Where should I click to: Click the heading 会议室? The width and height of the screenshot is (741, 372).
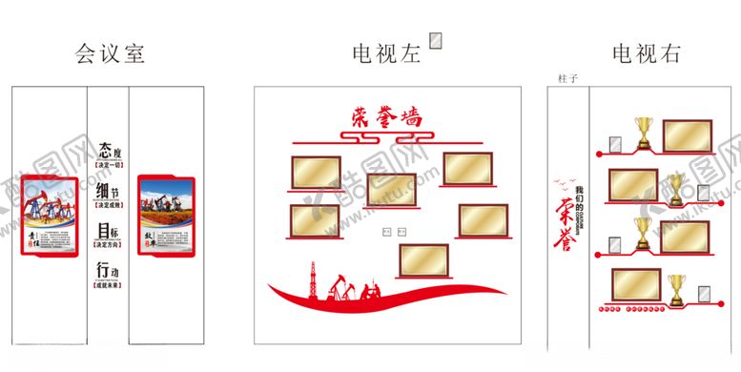pyautogui.click(x=110, y=53)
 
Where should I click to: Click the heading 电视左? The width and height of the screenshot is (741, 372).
pyautogui.click(x=385, y=53)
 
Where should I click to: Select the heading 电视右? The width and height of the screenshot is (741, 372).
pyautogui.click(x=646, y=53)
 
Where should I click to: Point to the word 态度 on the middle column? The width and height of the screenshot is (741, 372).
pyautogui.click(x=110, y=151)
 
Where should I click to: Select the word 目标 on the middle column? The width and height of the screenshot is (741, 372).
pyautogui.click(x=110, y=231)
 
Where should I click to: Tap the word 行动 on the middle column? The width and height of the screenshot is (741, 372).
pyautogui.click(x=110, y=273)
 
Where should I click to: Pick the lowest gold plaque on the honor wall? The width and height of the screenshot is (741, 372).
pyautogui.click(x=424, y=261)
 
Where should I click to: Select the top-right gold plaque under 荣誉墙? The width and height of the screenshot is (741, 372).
pyautogui.click(x=467, y=170)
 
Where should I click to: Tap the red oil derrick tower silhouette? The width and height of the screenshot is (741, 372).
pyautogui.click(x=308, y=278)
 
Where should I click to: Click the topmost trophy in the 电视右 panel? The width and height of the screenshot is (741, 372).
pyautogui.click(x=644, y=132)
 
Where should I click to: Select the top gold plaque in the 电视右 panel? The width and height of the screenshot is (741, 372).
pyautogui.click(x=685, y=134)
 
